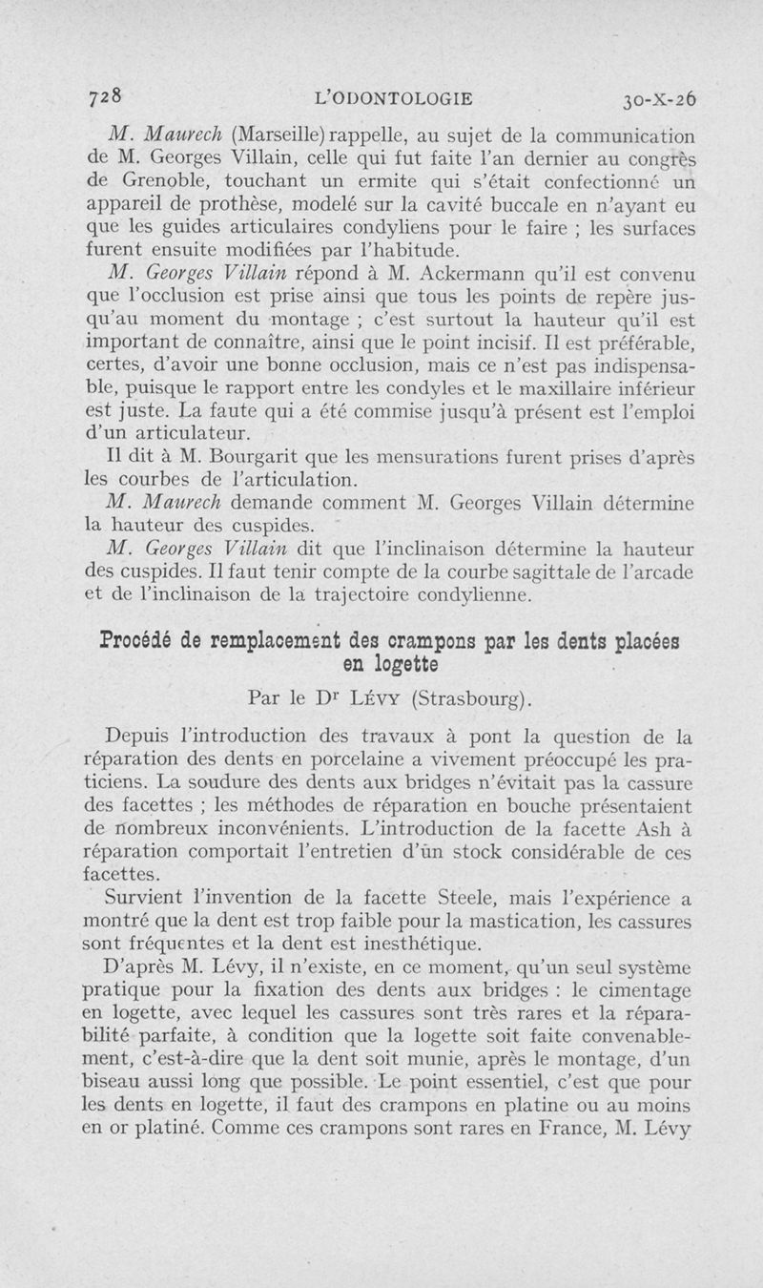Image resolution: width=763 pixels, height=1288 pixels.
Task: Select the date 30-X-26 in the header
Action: pyautogui.click(x=657, y=98)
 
